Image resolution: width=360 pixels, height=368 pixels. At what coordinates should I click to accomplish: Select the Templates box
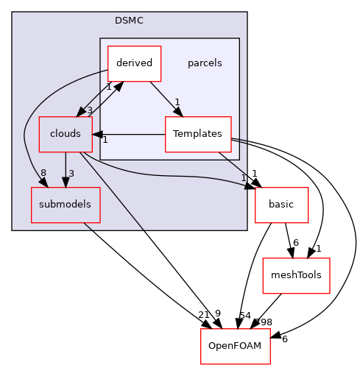(x=197, y=134)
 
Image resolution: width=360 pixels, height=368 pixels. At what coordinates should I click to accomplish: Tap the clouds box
(x=65, y=134)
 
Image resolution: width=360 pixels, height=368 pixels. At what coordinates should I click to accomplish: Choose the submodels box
(x=65, y=205)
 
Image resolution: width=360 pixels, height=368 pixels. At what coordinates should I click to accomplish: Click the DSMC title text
(x=129, y=21)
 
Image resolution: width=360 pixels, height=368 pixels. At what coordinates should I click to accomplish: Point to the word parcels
(x=205, y=63)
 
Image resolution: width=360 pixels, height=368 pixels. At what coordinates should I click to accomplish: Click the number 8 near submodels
(x=43, y=174)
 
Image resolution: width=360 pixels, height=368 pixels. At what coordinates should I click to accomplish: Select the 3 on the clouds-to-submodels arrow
(x=71, y=174)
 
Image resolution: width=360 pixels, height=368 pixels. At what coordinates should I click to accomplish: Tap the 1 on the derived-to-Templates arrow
(x=177, y=102)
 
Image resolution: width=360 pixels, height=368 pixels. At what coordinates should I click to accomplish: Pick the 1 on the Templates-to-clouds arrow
(x=105, y=140)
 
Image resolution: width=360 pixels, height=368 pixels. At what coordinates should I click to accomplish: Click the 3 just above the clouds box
(x=90, y=110)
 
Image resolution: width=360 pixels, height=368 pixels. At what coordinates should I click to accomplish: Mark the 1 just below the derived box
(x=108, y=87)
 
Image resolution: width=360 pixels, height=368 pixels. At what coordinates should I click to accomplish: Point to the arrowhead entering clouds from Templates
(x=96, y=134)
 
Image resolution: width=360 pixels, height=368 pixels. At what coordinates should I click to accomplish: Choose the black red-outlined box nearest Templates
(x=281, y=205)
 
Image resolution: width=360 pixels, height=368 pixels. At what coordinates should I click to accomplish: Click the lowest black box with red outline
(x=236, y=346)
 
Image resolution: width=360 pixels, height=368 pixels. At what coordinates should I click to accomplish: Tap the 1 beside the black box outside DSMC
(x=243, y=178)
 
